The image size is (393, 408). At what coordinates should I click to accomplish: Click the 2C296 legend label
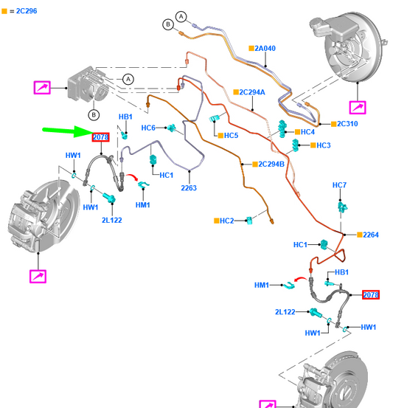coord(27,11)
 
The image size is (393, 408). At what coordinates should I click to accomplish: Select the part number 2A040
coord(265,49)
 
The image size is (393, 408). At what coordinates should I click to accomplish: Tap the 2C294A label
coord(252,92)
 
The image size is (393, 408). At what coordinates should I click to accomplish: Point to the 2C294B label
coord(271,165)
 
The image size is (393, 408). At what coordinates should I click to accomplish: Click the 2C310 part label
coord(347,124)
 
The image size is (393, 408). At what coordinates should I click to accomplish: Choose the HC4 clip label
coord(307,132)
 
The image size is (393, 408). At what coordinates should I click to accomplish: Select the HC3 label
coord(324,145)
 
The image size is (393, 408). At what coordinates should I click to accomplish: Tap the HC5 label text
coord(231,136)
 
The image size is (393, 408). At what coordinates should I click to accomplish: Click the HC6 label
coord(148,128)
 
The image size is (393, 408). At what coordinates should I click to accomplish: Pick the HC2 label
coord(227,221)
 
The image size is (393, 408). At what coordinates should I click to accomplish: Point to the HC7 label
coord(339,185)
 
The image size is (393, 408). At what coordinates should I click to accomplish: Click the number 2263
coord(189,188)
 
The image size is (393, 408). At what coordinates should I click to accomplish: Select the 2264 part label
coord(371,235)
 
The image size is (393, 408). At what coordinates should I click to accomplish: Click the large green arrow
coord(68,131)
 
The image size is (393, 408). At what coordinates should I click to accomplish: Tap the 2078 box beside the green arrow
coord(101,137)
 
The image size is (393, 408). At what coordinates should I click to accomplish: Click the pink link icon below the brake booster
coord(358,108)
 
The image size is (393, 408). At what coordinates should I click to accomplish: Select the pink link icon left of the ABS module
coord(42,87)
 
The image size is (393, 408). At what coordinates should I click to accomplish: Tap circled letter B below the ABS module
coord(94,115)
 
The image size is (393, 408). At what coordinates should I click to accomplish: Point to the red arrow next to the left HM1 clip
coord(133,177)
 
